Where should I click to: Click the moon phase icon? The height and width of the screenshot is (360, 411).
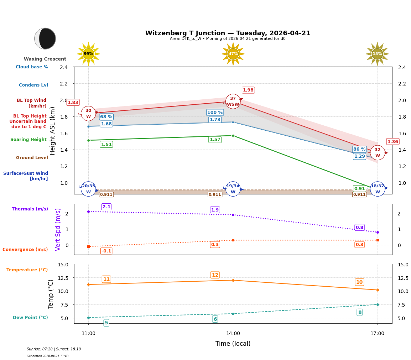tap(45, 38)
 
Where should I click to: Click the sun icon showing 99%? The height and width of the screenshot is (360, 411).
tap(88, 54)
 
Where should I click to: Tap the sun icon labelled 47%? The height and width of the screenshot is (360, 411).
tap(233, 54)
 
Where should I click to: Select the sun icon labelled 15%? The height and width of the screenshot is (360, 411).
tap(377, 54)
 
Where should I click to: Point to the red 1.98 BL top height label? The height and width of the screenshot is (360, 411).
tap(248, 90)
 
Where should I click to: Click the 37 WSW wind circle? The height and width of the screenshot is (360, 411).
tap(233, 101)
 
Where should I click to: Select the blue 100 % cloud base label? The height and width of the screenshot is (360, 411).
tap(215, 113)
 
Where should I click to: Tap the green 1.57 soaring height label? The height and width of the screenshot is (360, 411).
tap(215, 140)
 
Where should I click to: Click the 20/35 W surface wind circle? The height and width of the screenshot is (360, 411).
tap(88, 189)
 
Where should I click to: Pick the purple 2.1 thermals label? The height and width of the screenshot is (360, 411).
tap(106, 207)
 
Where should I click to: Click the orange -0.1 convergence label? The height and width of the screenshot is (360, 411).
tap(106, 251)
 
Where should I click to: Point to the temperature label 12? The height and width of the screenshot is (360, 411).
tap(215, 275)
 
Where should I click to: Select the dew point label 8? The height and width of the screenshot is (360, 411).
tap(360, 312)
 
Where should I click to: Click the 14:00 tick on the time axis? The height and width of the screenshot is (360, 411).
tap(233, 334)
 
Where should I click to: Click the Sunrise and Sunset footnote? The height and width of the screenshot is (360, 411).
tap(54, 349)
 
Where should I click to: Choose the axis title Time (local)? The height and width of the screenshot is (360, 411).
tap(233, 344)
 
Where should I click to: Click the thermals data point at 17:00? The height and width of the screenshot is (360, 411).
tap(378, 232)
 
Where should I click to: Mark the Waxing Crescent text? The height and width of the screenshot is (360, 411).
tap(45, 59)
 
